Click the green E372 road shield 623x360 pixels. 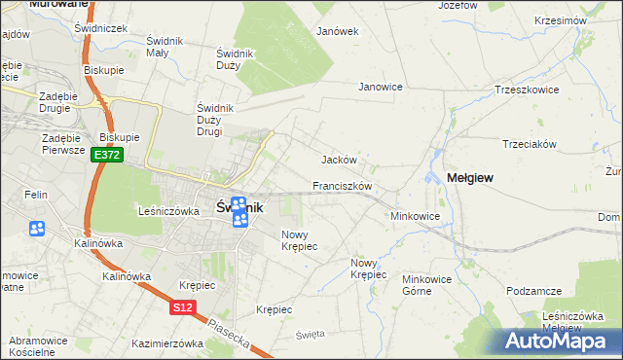(x=107, y=155)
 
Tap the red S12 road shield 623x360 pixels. (x=182, y=307)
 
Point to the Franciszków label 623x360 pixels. (x=343, y=185)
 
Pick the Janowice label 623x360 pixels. (x=381, y=87)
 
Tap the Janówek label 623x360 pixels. (x=338, y=31)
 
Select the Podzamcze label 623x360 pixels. (x=534, y=291)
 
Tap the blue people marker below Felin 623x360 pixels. (x=37, y=230)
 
